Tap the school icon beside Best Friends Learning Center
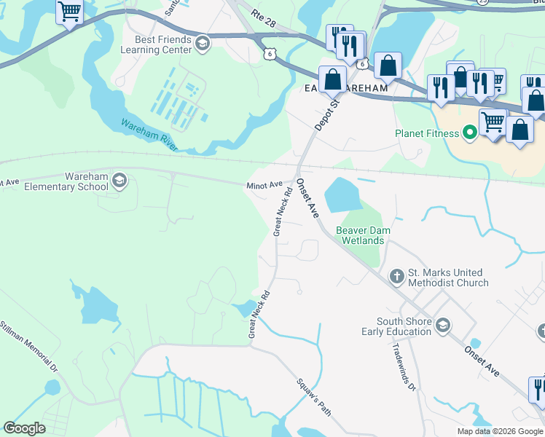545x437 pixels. pyautogui.click(x=203, y=45)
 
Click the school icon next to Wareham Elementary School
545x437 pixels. pyautogui.click(x=120, y=181)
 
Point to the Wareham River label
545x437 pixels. pyautogui.click(x=149, y=134)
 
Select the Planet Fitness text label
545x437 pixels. pyautogui.click(x=427, y=133)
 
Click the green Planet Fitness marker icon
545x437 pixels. pyautogui.click(x=470, y=133)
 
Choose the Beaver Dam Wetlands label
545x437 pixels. pyautogui.click(x=363, y=235)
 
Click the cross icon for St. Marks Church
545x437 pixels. pyautogui.click(x=396, y=276)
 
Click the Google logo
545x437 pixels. pyautogui.click(x=24, y=428)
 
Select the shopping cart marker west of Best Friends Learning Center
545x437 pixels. pyautogui.click(x=69, y=12)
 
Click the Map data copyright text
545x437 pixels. pyautogui.click(x=499, y=431)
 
